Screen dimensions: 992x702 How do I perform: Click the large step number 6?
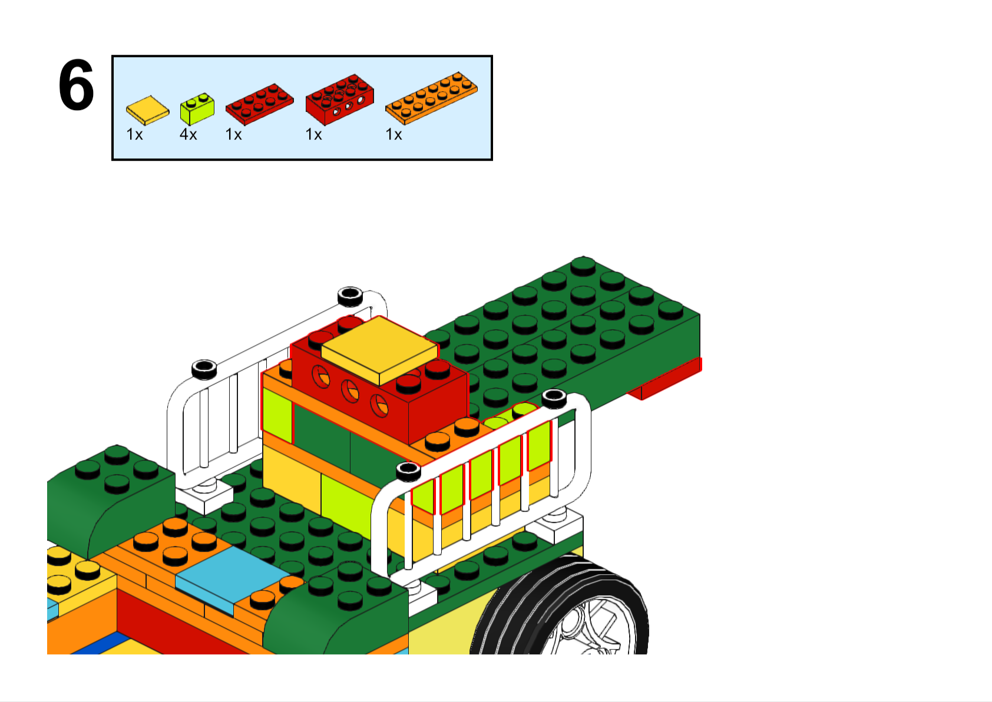tap(76, 85)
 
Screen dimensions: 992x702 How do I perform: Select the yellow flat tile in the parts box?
tap(147, 110)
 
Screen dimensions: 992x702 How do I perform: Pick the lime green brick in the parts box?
tap(197, 109)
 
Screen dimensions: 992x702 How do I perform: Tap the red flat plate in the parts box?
tap(260, 104)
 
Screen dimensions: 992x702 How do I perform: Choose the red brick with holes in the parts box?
tap(340, 99)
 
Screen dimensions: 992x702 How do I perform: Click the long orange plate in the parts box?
tap(431, 98)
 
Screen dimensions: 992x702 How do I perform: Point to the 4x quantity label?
tap(189, 134)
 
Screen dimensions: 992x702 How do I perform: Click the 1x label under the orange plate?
tap(394, 134)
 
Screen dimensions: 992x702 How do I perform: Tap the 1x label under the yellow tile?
tap(135, 134)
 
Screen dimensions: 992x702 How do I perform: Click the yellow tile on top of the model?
tap(379, 350)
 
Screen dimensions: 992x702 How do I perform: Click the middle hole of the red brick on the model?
tap(350, 391)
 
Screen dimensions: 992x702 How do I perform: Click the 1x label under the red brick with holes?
tap(313, 134)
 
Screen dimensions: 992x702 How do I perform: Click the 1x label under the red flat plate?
tap(233, 134)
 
